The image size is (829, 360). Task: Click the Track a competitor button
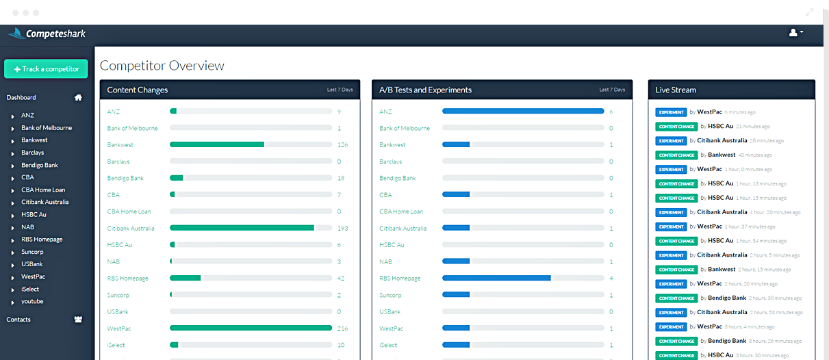point(46,69)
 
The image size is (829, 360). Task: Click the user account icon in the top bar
point(795,33)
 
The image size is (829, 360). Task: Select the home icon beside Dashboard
point(78,98)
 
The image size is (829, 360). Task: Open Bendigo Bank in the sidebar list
point(40,165)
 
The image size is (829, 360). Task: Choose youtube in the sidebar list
point(32,301)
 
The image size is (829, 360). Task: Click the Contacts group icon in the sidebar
point(78,320)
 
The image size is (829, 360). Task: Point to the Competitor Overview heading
point(162,66)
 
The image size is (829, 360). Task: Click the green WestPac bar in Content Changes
point(251,329)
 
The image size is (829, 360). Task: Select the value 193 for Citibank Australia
point(343,229)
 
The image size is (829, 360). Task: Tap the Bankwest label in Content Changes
point(120,145)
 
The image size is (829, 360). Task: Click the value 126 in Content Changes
point(343,145)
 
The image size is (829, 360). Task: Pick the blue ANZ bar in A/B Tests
point(523,112)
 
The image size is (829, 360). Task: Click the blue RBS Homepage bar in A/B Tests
point(496,279)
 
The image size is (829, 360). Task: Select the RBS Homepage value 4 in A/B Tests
point(611,279)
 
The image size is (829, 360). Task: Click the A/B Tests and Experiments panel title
point(425,90)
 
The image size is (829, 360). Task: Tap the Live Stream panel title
point(676,90)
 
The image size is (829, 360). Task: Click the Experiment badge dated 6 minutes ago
point(671,112)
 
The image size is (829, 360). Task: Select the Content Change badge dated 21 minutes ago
point(676,127)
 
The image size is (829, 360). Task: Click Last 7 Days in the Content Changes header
point(340,90)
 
